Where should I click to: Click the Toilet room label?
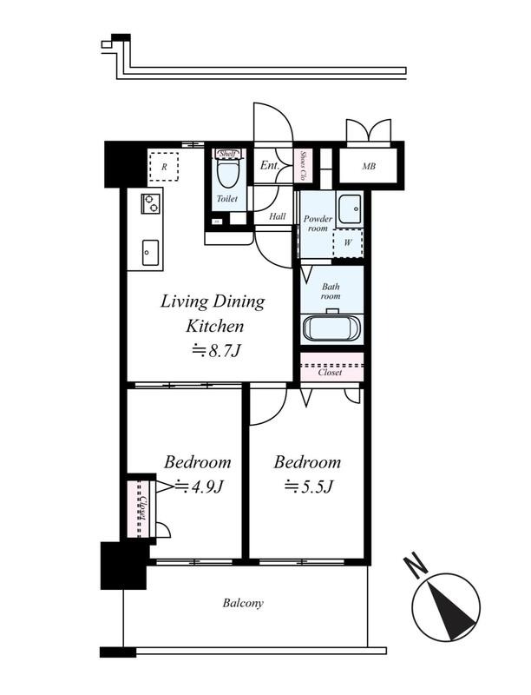point(227,199)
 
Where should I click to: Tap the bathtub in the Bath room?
point(331,328)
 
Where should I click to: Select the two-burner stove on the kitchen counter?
point(150,204)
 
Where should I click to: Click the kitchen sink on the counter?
point(150,253)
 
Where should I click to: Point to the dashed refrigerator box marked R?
point(164,167)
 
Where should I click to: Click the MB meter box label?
point(369,166)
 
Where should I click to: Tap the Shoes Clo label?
point(304,166)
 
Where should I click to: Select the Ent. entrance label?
point(270,165)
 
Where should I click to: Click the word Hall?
point(278,216)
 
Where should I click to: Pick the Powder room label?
point(318,223)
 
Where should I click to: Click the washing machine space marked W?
point(348,242)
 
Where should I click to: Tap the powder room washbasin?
point(350,208)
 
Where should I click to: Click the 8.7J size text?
point(217,351)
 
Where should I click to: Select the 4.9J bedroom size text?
point(200,486)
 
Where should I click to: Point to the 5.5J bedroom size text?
point(308,486)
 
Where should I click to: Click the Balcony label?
point(243,603)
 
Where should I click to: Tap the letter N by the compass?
point(416,566)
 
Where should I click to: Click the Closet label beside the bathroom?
point(330,373)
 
